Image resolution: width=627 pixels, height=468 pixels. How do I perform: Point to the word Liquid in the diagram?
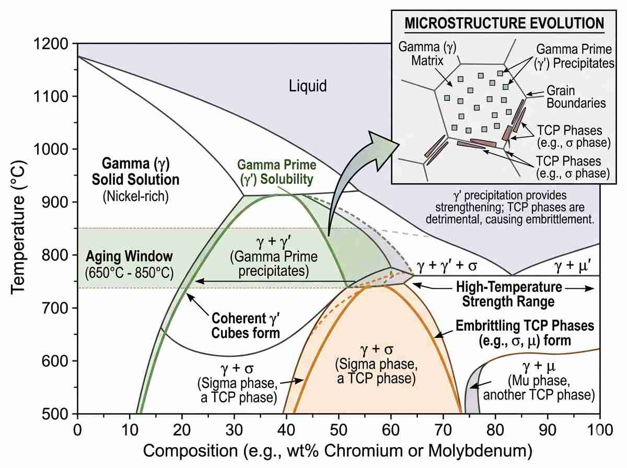[x=308, y=86]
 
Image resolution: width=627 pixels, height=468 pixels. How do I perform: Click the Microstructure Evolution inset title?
[x=505, y=24]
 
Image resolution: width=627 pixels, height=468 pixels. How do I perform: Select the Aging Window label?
[x=129, y=257]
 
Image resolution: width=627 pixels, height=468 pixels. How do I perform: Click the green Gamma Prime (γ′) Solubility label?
[x=276, y=172]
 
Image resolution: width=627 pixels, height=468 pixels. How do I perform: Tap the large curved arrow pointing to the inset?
[x=355, y=178]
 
